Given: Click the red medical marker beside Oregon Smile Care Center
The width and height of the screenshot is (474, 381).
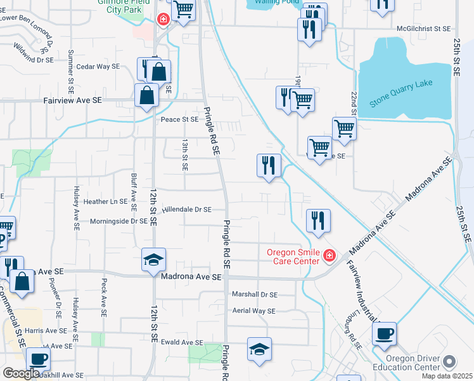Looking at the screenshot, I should click(329, 256).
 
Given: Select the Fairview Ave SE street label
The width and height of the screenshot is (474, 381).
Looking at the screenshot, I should click(72, 100).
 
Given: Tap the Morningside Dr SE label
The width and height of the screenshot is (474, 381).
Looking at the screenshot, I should click(118, 221).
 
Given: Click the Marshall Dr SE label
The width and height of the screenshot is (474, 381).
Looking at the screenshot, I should click(255, 294).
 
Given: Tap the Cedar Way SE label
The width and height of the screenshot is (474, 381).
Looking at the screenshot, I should click(98, 66).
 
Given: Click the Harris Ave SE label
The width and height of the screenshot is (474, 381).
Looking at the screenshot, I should click(46, 331).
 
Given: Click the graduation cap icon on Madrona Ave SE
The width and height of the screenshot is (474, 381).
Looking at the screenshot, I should click(154, 260).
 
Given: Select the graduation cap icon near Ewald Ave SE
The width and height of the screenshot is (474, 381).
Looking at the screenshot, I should click(259, 349).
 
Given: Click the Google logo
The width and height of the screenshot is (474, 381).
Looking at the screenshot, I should click(21, 373).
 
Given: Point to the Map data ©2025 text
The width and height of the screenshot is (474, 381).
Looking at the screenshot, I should click(447, 376).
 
